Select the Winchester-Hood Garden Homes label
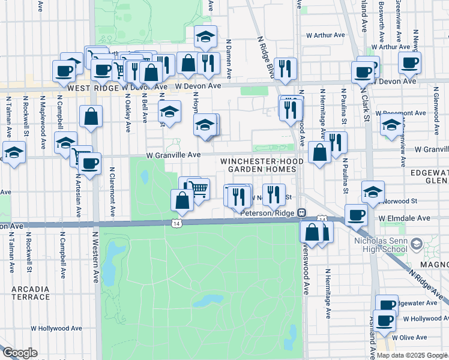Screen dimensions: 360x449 pos(258,165)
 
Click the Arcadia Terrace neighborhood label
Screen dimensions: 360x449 pos(30,293)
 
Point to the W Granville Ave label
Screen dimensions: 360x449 pos(173,154)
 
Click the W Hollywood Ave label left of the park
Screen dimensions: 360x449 pos(56,328)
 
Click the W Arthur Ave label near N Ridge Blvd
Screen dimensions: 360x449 pos(325,35)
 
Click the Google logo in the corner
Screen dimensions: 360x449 pos(20,353)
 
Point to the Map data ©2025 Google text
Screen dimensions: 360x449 pos(412,355)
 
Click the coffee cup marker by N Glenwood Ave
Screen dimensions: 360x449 pos(410,62)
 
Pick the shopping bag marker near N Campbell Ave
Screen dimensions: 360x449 pos(91,117)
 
